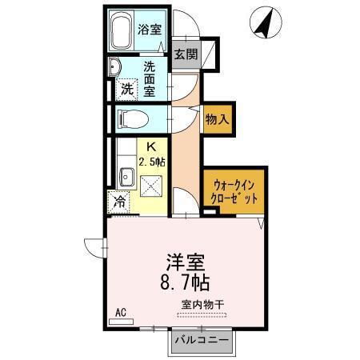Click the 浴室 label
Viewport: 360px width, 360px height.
pyautogui.click(x=150, y=30)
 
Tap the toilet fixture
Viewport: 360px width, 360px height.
pyautogui.click(x=132, y=119)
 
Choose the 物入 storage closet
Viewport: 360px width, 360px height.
pyautogui.click(x=217, y=119)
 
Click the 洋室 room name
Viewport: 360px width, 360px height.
pyautogui.click(x=184, y=262)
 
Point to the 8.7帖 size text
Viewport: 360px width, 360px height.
pyautogui.click(x=184, y=282)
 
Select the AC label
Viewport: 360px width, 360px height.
pyautogui.click(x=121, y=312)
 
